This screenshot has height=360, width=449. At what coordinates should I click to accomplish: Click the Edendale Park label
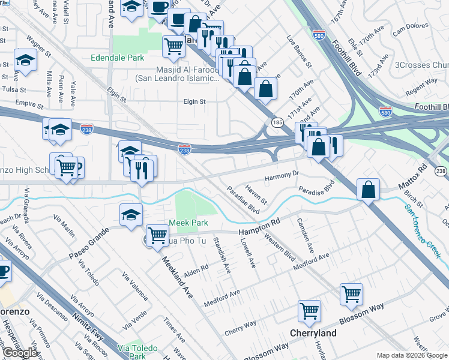click(117, 58)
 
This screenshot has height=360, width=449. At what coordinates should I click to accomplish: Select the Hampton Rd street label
click(259, 227)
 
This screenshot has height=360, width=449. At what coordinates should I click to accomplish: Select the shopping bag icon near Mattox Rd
click(368, 190)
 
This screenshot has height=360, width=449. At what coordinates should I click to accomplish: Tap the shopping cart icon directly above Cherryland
click(310, 311)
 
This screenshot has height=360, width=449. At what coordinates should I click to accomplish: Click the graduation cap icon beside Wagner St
click(26, 60)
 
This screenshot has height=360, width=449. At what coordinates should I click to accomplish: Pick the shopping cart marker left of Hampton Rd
click(157, 235)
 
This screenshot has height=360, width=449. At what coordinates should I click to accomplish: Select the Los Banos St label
click(300, 51)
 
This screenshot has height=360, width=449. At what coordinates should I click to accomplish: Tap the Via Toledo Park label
click(138, 352)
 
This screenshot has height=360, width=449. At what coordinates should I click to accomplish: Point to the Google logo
click(20, 353)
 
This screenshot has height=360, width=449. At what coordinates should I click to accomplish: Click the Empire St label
click(26, 103)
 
